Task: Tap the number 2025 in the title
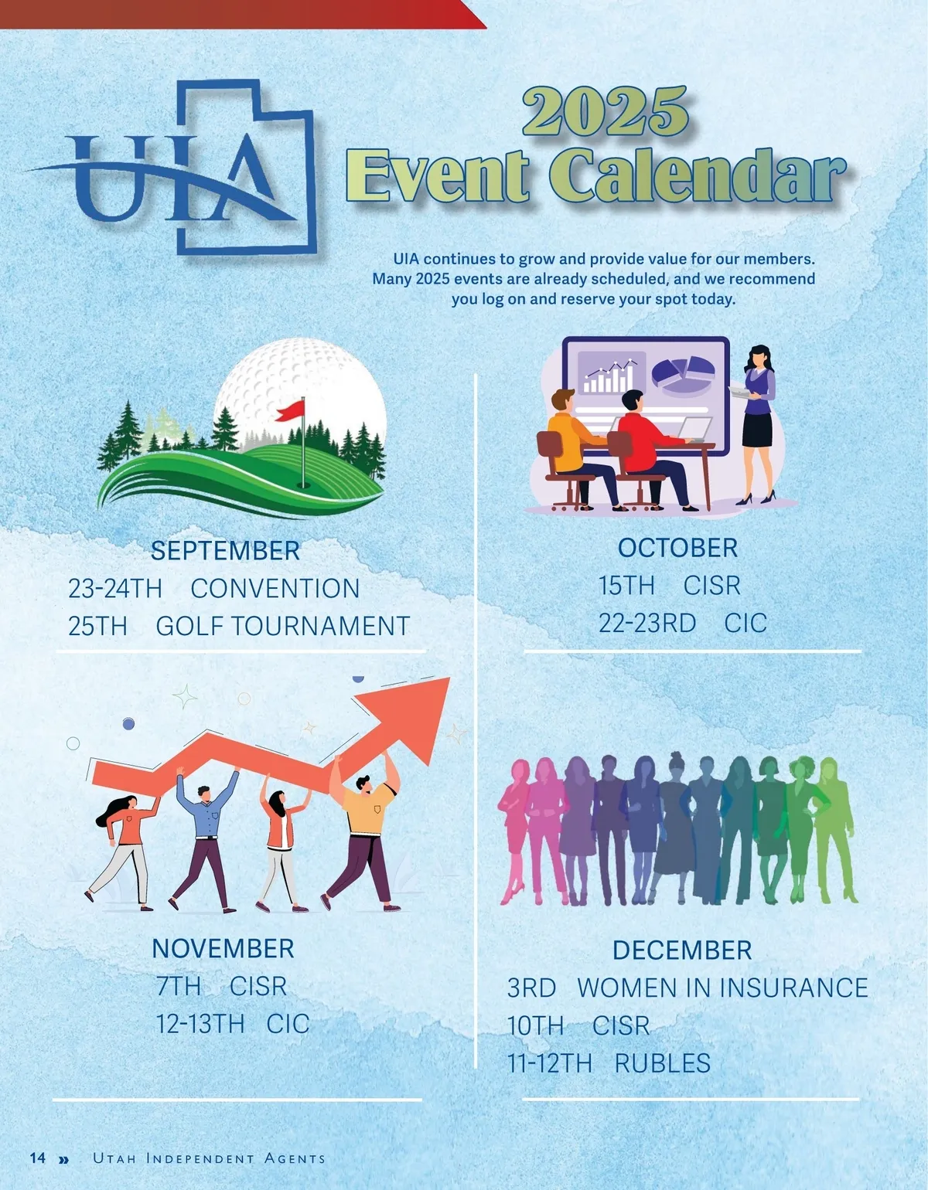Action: pyautogui.click(x=606, y=112)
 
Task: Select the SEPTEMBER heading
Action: pyautogui.click(x=225, y=550)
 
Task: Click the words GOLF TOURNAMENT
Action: pyautogui.click(x=283, y=626)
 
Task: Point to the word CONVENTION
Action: pyautogui.click(x=275, y=589)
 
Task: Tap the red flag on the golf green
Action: pyautogui.click(x=290, y=410)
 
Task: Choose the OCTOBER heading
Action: pyautogui.click(x=677, y=548)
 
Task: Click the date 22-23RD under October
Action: pyautogui.click(x=647, y=623)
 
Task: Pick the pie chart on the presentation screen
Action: pyautogui.click(x=683, y=374)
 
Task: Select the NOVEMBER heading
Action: pyautogui.click(x=223, y=948)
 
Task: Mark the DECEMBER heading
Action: pyautogui.click(x=682, y=950)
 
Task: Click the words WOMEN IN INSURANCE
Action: pyautogui.click(x=722, y=988)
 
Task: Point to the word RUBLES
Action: pyautogui.click(x=662, y=1063)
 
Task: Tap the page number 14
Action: pyautogui.click(x=38, y=1157)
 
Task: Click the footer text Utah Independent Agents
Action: pyautogui.click(x=210, y=1158)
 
